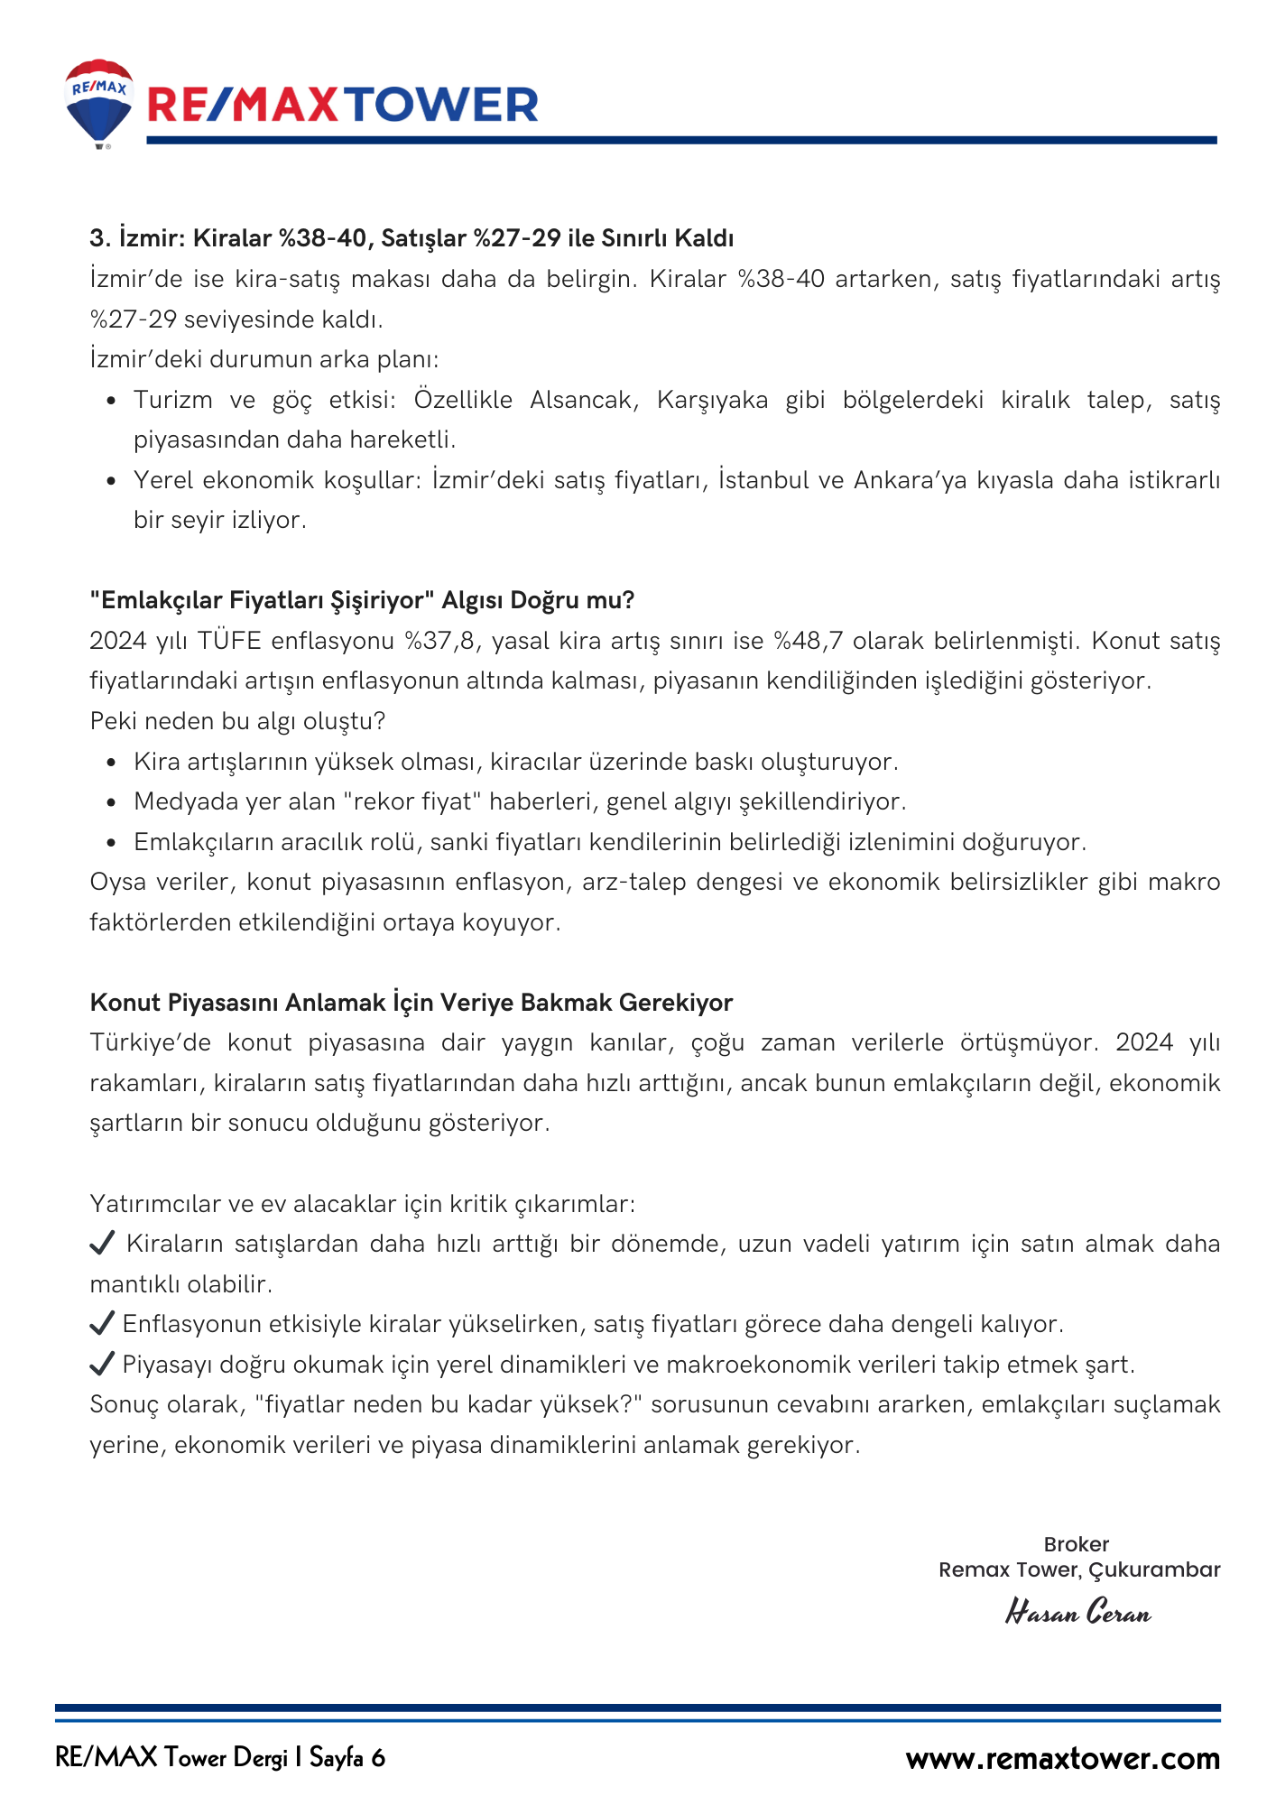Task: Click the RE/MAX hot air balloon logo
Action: pos(99,102)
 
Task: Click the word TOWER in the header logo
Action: pos(441,106)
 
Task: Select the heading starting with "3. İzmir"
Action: pos(411,238)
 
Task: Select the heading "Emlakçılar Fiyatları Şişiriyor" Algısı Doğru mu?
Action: pos(362,600)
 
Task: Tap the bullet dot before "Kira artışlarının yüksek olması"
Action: pos(111,763)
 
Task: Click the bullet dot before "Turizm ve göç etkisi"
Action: pos(111,401)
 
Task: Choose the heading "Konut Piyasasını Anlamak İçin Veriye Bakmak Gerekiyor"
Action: pos(411,1003)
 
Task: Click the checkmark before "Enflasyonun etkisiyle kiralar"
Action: pos(102,1324)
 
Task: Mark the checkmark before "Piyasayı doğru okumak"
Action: pos(102,1364)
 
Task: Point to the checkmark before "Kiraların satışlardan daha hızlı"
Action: pos(102,1244)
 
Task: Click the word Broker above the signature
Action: pos(1076,1544)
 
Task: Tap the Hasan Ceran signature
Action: pos(1078,1612)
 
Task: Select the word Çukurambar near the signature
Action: pos(1154,1569)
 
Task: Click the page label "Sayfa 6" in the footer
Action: pos(347,1758)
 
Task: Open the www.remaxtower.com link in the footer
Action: pos(1063,1759)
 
